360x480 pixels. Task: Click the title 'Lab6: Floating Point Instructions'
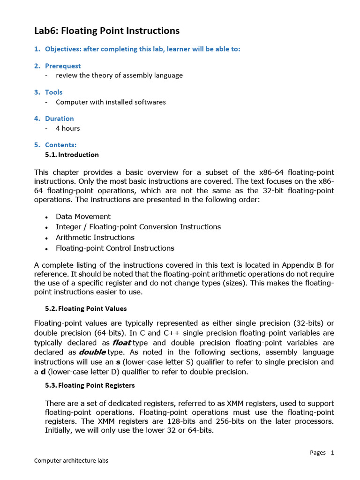pos(107,31)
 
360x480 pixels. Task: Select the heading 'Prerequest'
pos(63,66)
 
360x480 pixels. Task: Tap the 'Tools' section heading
pos(53,92)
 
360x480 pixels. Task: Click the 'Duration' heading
pos(59,119)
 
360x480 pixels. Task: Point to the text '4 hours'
pos(68,128)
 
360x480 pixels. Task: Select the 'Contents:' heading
pos(60,145)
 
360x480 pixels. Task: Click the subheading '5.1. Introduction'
pos(72,155)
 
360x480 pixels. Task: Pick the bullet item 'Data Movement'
pos(83,217)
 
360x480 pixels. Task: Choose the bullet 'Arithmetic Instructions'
pos(95,238)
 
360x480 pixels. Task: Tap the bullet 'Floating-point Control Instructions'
pos(115,248)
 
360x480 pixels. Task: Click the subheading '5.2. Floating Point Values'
pos(86,308)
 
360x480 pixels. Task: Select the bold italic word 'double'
pos(92,352)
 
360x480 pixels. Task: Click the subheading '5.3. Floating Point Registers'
pos(90,385)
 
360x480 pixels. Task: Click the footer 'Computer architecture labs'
pos(71,460)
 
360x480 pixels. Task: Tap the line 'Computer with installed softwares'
pos(111,102)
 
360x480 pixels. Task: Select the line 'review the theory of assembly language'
pos(119,75)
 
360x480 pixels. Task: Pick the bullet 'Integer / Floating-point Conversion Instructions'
pos(138,227)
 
